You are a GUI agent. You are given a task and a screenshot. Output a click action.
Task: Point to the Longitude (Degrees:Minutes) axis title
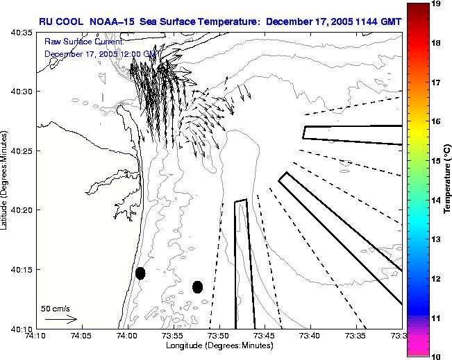pos(218,346)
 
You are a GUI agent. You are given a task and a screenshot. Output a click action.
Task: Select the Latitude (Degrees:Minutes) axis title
pos(6,180)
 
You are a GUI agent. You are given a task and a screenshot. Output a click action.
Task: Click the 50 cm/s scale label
pos(55,308)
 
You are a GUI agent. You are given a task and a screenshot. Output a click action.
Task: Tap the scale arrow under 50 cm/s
pos(61,319)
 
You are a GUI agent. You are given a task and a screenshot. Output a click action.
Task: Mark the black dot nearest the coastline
pos(140,273)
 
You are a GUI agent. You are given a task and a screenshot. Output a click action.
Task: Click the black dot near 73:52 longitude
pos(197,286)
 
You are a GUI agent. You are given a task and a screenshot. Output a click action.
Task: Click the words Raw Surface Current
pos(83,42)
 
